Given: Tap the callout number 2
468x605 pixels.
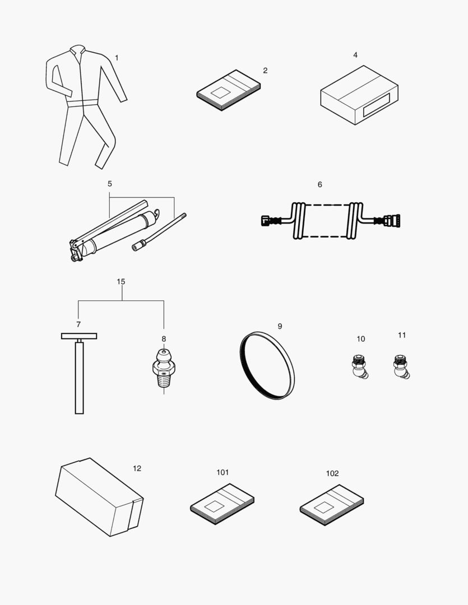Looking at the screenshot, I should coord(265,71).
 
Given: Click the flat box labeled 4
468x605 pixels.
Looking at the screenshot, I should coord(359,95).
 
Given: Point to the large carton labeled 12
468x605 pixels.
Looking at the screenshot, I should coord(98,496).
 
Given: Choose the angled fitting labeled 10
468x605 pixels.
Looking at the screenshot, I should coord(357,367).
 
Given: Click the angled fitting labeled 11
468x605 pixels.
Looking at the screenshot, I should coord(400,366).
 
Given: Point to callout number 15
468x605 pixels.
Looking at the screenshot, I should coord(121,282).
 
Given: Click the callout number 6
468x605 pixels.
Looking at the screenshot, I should coord(319,184).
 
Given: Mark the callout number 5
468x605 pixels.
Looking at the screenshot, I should coord(110,183).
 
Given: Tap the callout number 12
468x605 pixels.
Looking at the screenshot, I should coord(137,468).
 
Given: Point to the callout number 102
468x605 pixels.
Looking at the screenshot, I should coord(332,473).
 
